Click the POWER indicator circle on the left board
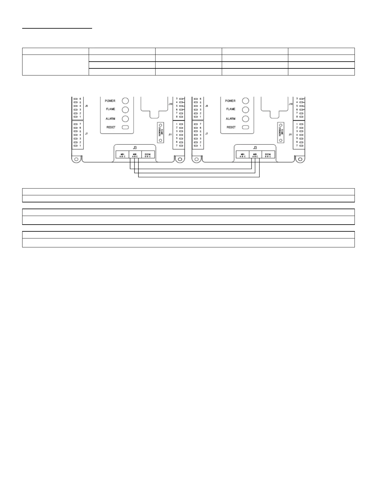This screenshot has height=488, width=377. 125,101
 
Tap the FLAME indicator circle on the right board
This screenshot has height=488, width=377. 245,110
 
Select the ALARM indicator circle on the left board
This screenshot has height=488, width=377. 125,119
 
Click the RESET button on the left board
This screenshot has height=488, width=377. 125,127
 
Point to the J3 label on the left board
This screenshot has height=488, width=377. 135,148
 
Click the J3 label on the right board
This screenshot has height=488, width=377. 255,148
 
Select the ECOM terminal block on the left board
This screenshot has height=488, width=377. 148,155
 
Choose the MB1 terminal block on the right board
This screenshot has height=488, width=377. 243,155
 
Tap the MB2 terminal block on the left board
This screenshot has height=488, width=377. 135,155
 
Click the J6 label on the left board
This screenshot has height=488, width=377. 87,106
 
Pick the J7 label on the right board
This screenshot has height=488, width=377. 207,134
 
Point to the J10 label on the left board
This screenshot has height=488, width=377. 170,104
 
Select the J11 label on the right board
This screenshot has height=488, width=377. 290,135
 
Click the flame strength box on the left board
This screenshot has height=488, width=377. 160,132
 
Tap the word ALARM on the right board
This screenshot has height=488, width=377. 230,119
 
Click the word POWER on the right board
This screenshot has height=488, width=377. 230,101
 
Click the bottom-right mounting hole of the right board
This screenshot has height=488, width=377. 299,159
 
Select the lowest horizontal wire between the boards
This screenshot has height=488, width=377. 199,177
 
